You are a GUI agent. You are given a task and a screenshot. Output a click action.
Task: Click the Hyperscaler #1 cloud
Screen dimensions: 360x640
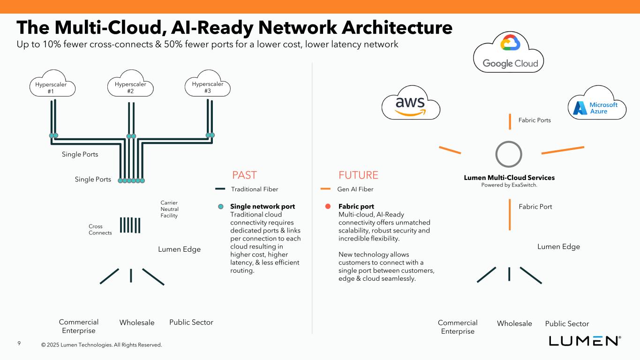click(51, 84)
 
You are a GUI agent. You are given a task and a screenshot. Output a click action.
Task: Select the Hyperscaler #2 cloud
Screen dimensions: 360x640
click(130, 84)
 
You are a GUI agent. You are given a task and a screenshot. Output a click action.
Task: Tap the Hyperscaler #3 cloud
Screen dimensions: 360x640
click(208, 84)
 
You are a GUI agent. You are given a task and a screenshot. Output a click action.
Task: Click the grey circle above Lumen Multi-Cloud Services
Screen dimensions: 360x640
click(509, 154)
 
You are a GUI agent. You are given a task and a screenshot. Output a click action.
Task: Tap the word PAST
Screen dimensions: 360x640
click(244, 175)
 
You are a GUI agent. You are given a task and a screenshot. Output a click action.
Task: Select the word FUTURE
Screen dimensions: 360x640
click(358, 175)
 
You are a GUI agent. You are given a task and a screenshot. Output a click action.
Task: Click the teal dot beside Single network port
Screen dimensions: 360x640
click(220, 206)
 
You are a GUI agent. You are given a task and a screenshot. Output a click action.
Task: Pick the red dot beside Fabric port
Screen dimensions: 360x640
click(328, 206)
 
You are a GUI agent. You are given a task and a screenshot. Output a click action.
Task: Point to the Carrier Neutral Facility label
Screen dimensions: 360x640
click(169, 209)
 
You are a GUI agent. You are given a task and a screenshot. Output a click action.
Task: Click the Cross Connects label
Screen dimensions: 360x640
click(100, 230)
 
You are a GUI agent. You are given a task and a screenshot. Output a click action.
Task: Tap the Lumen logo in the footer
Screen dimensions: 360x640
click(585, 341)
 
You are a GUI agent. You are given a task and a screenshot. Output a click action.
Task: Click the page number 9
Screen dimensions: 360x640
click(19, 344)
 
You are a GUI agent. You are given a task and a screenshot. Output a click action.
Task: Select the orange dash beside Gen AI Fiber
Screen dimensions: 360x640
click(326, 189)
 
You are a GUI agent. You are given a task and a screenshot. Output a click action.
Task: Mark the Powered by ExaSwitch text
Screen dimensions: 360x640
click(509, 185)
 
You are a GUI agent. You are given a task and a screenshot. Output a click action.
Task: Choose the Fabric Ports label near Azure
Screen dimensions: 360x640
click(535, 120)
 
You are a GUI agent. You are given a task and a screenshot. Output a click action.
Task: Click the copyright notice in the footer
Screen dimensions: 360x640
click(101, 345)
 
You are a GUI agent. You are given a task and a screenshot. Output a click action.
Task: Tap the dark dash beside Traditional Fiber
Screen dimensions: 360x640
click(220, 189)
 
